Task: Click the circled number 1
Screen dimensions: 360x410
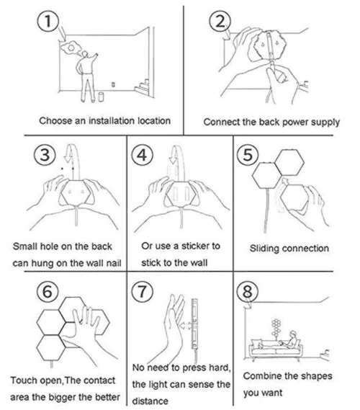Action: click(x=48, y=22)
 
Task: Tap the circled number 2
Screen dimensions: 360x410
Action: click(x=220, y=22)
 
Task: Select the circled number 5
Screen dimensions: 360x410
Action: click(x=248, y=154)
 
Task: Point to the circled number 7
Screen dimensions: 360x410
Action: click(x=142, y=292)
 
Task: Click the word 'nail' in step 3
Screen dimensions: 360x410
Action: click(x=114, y=263)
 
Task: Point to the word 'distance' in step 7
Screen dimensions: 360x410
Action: click(x=150, y=401)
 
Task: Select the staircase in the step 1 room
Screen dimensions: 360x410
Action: click(x=142, y=86)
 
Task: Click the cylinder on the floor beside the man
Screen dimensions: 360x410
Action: click(x=101, y=97)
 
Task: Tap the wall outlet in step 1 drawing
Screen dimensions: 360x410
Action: click(x=113, y=84)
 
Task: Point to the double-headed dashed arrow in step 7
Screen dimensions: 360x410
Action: click(x=186, y=326)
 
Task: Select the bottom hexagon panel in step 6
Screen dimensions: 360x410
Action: click(x=51, y=348)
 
